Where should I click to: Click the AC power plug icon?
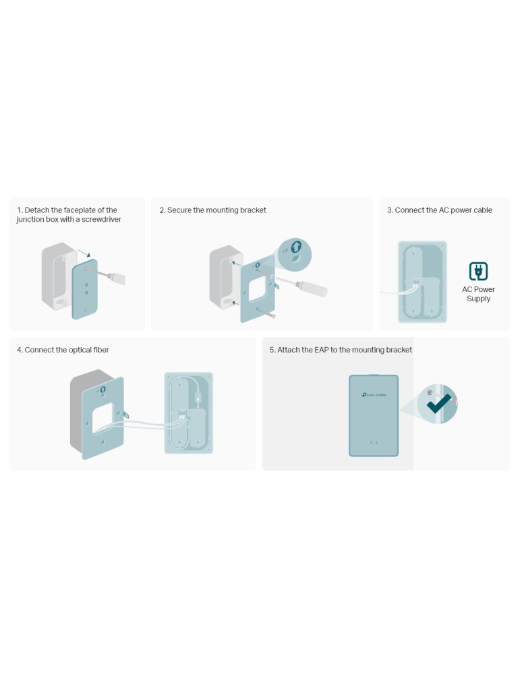[x=478, y=271]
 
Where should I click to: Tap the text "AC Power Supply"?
[x=478, y=294]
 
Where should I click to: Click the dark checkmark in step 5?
[x=438, y=403]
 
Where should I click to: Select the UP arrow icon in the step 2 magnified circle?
[x=296, y=247]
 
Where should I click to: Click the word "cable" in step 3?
[x=482, y=210]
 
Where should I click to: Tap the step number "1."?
[x=20, y=210]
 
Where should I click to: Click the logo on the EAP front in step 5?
[x=374, y=394]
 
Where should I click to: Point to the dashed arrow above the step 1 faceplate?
[x=84, y=253]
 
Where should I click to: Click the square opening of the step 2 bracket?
[x=257, y=288]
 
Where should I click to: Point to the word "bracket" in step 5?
[x=399, y=350]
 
